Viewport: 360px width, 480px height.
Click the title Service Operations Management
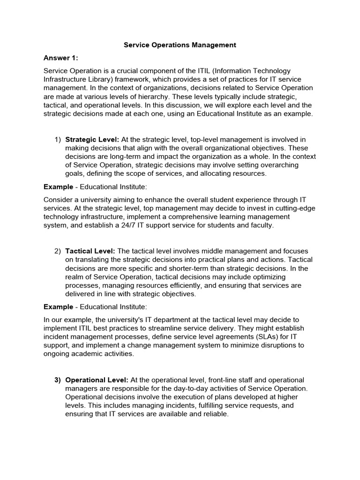click(180, 45)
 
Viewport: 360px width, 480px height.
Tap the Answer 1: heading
click(60, 58)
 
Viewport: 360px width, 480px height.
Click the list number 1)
click(58, 139)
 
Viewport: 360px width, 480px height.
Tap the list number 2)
click(58, 252)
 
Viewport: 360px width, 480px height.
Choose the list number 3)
click(58, 380)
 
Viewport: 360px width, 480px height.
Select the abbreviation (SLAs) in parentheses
click(255, 337)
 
